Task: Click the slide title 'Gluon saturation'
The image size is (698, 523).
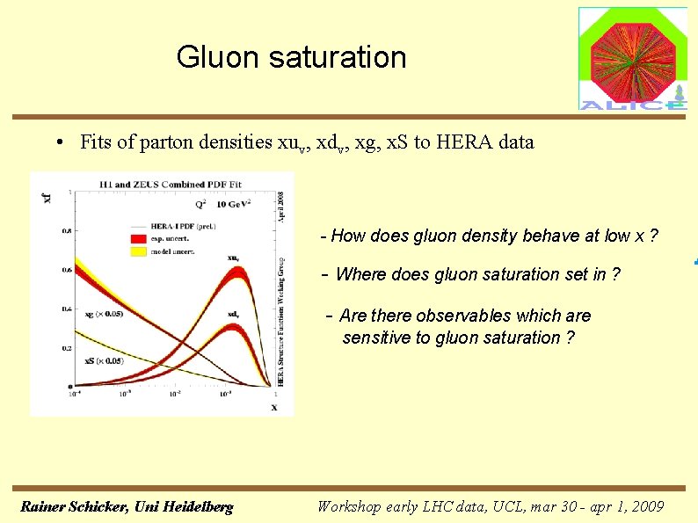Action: (x=291, y=57)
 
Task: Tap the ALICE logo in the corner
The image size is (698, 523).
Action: (x=632, y=58)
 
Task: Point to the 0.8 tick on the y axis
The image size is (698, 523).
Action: (x=67, y=232)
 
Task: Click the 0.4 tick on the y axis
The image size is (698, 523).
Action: (x=67, y=309)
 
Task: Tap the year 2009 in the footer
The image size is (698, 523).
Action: (x=647, y=506)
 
